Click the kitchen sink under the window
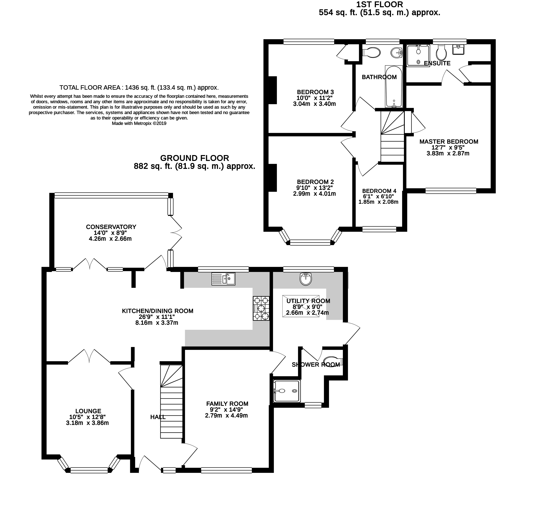(x=223, y=279)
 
